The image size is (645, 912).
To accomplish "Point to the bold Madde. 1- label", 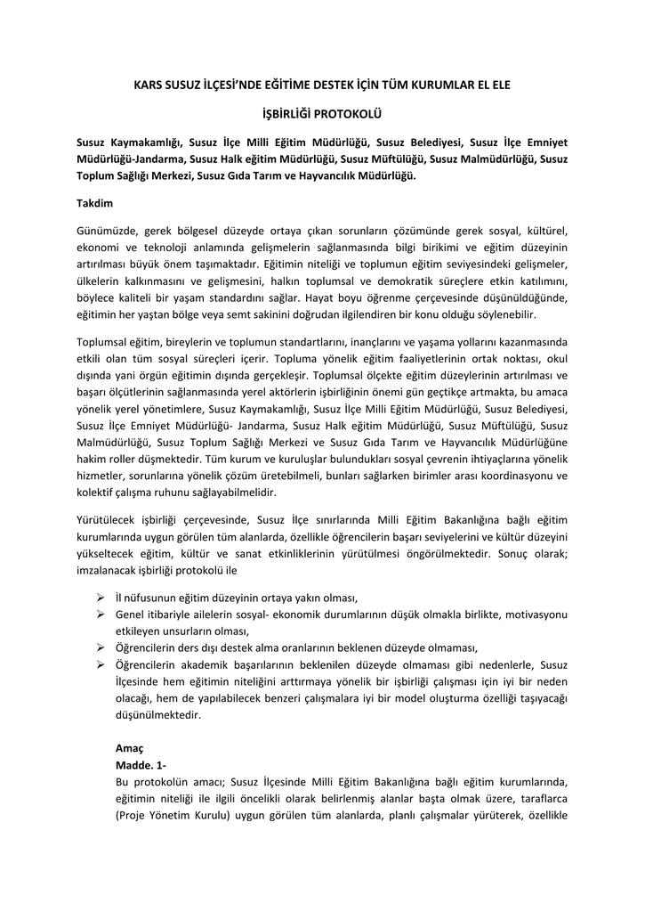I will tap(141, 765).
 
